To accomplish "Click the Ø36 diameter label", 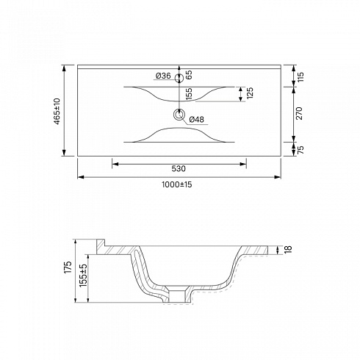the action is coord(163,76).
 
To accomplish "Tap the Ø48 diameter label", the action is coord(196,120).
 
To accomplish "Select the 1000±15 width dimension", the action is coord(176,184).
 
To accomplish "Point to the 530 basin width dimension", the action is coord(179,168).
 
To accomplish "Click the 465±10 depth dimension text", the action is coord(57,111).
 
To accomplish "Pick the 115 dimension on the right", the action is coord(300,77).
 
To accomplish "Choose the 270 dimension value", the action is coord(299,113).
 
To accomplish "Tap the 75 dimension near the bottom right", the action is coord(300,149).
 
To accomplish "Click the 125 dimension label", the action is coord(250,93).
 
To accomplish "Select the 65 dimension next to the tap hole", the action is coord(189,75).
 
